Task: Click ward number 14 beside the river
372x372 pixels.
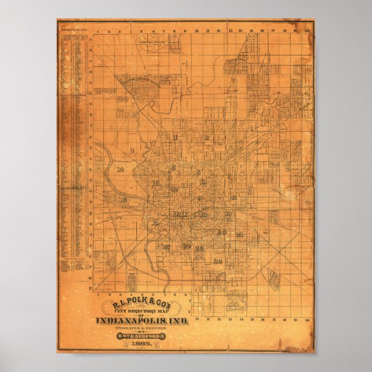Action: point(120,169)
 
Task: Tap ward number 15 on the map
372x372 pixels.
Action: point(123,199)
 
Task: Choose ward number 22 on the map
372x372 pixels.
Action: point(218,261)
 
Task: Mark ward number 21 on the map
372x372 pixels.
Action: point(239,235)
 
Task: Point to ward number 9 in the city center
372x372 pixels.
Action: point(199,198)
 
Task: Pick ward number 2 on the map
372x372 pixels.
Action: point(206,137)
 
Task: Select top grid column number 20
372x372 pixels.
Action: point(307,29)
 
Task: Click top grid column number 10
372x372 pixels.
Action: point(196,29)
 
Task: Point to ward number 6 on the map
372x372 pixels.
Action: point(198,172)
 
